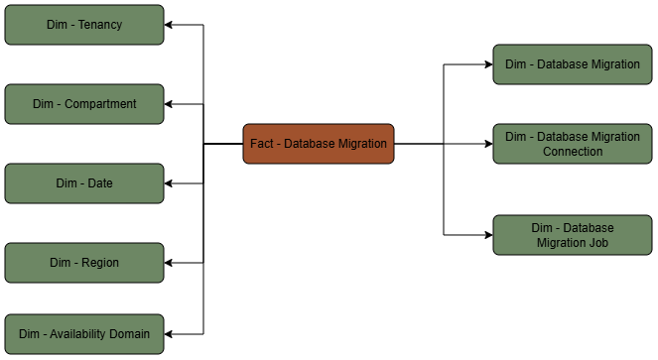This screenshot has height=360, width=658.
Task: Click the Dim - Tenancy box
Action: tap(84, 25)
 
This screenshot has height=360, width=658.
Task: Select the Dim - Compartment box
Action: tap(84, 104)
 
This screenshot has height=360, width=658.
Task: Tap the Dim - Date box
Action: tap(84, 183)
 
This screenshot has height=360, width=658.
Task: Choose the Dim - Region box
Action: tap(84, 263)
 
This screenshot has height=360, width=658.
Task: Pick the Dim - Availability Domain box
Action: tap(84, 334)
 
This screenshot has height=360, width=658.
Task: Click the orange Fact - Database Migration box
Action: tap(319, 144)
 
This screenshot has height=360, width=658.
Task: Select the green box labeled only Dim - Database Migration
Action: tap(573, 64)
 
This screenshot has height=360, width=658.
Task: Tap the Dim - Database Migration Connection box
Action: tap(573, 144)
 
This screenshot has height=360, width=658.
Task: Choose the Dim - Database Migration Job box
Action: tap(573, 235)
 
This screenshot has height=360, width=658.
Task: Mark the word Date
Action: tap(99, 183)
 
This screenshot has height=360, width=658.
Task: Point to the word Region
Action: tap(99, 263)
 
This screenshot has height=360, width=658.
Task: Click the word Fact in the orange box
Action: tap(261, 144)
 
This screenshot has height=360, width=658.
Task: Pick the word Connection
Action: tap(573, 152)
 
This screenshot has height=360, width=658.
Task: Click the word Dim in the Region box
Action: tap(61, 263)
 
